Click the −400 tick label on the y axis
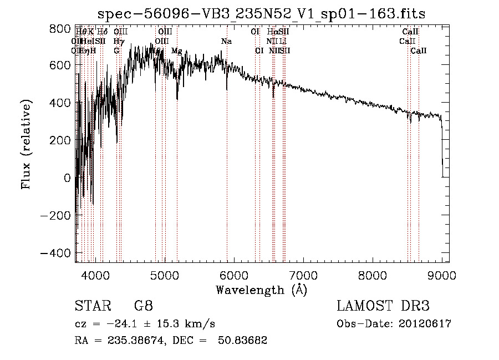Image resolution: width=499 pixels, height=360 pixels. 56,252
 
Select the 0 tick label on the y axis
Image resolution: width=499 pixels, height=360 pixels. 67,178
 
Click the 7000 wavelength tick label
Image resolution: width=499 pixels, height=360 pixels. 303,273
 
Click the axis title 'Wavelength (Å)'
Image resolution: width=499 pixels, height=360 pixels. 261,290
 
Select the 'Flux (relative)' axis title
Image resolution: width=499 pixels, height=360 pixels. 26,144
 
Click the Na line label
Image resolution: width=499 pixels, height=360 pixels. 226,42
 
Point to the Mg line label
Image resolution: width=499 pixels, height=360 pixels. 176,50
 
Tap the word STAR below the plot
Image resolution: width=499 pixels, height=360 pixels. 92,306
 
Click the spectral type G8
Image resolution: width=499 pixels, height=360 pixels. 143,306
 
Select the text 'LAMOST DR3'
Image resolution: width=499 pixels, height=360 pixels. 383,306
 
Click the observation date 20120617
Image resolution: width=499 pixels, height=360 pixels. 426,324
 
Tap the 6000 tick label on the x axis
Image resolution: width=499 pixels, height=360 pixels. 234,273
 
